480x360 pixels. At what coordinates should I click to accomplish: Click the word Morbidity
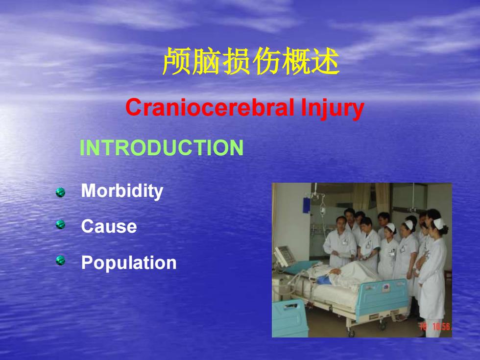[122, 192]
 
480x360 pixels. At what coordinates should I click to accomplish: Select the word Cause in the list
[109, 226]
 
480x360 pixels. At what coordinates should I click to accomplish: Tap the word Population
[129, 263]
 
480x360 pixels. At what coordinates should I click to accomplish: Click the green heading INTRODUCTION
[161, 147]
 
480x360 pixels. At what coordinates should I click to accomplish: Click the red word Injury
[333, 109]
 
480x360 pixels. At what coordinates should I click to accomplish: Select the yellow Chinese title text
[251, 61]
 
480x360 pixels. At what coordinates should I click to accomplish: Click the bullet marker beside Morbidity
[60, 192]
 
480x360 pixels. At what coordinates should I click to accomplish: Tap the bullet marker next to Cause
[60, 224]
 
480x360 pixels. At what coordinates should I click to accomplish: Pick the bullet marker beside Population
[60, 261]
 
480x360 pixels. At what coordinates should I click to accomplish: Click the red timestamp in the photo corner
[435, 326]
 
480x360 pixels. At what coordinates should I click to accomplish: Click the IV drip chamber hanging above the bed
[322, 211]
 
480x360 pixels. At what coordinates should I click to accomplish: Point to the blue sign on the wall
[307, 205]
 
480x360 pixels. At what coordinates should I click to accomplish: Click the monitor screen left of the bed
[284, 256]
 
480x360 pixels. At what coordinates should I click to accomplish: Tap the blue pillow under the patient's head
[323, 280]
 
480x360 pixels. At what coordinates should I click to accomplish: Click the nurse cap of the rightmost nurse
[438, 223]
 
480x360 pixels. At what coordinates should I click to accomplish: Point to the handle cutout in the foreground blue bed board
[289, 306]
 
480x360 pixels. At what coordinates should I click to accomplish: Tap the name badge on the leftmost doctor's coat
[345, 242]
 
